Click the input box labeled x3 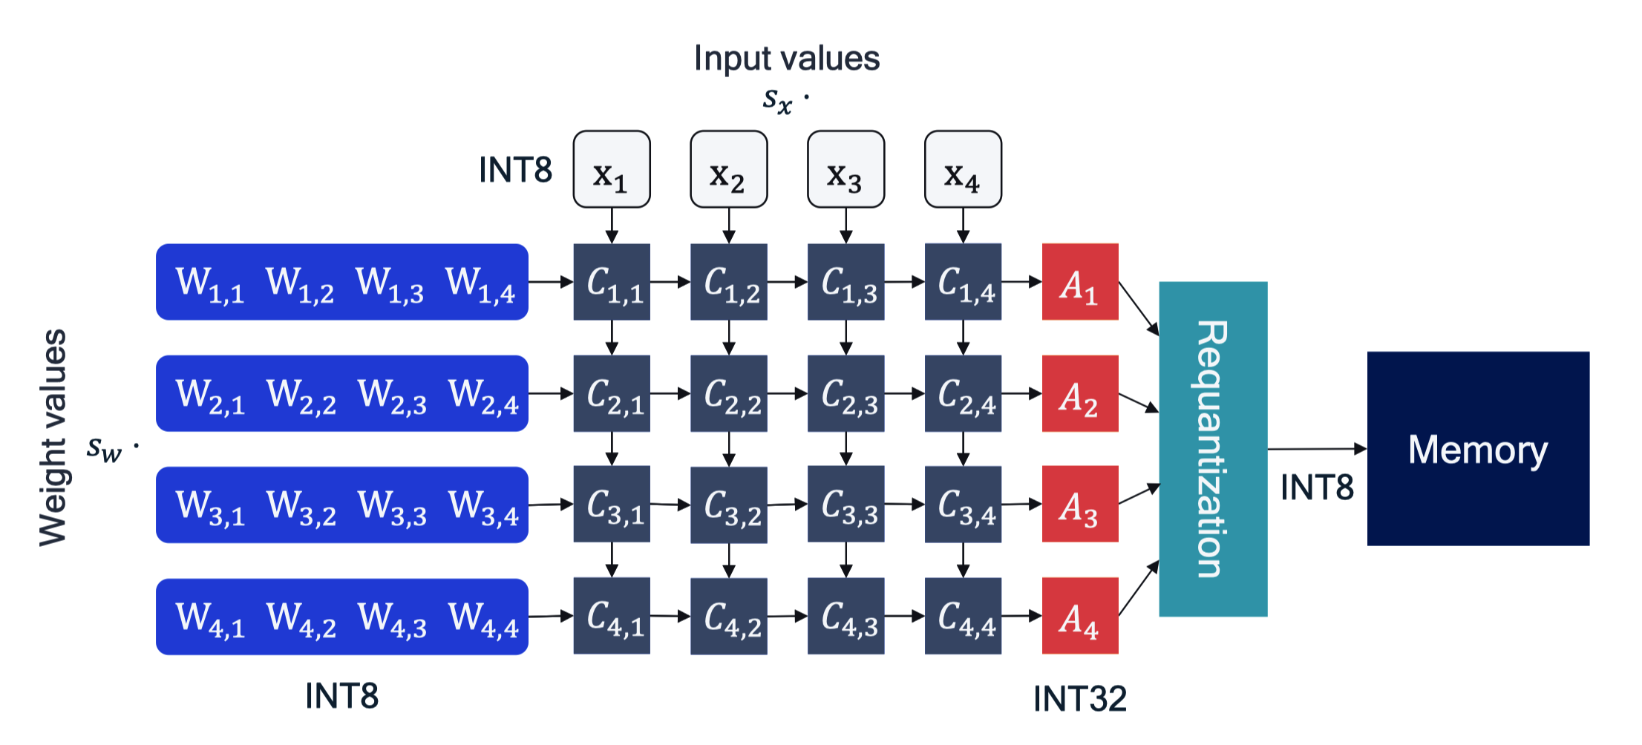[845, 170]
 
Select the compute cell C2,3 [845, 393]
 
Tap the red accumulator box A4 [1079, 616]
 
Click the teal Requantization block [1212, 449]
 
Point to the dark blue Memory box [1477, 449]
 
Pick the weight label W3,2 [301, 506]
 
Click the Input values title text [786, 59]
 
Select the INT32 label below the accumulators [1079, 699]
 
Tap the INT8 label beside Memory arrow [1317, 488]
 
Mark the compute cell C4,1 [612, 616]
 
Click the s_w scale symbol [104, 448]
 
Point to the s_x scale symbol [777, 99]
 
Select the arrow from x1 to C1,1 [612, 225]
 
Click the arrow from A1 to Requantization [1138, 308]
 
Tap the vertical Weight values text [53, 438]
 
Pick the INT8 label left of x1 [515, 170]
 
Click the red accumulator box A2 [1079, 393]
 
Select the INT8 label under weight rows [341, 696]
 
